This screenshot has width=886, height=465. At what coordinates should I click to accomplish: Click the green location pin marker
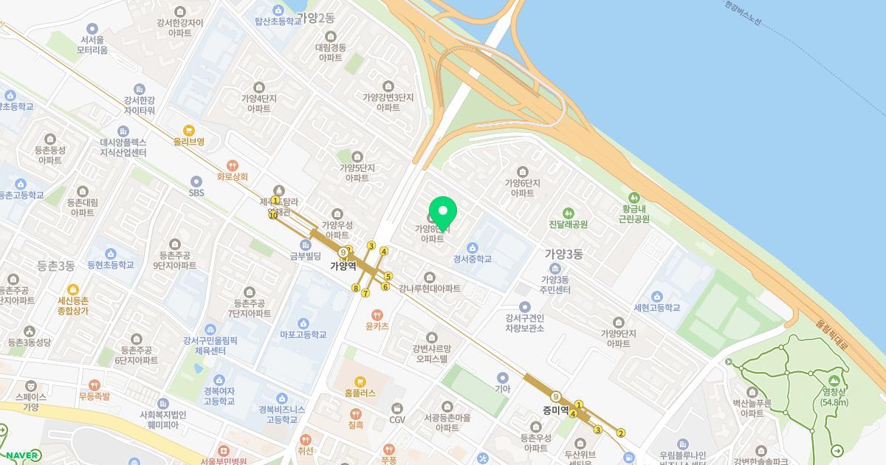point(443,213)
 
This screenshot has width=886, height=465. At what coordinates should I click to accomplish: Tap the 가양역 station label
point(343,266)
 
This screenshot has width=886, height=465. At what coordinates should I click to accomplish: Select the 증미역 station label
point(555,410)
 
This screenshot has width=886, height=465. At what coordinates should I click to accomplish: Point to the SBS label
point(196,193)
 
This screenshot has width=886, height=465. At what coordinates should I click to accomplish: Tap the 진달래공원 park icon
point(568,213)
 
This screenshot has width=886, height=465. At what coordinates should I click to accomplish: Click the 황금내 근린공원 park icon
point(633,197)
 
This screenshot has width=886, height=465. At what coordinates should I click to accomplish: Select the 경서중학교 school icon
point(473,247)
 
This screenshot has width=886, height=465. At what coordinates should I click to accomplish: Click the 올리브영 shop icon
point(189,130)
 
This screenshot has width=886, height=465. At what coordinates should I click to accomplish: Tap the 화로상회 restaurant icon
point(233,165)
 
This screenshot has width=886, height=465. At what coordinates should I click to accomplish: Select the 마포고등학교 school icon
point(303,323)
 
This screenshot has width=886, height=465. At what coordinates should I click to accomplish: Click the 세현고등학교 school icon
point(656,295)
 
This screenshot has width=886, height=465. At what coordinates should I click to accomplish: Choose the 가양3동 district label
point(563,254)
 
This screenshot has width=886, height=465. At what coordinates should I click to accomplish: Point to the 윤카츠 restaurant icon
point(377,314)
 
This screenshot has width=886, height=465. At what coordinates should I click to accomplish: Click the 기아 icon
point(503,378)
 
